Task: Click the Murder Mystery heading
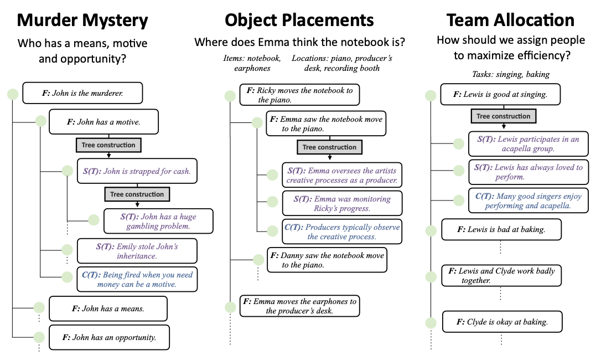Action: (82, 20)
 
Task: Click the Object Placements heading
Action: (299, 20)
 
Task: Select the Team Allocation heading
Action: (510, 20)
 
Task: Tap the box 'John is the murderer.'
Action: (82, 93)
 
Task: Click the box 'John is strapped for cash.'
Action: (137, 171)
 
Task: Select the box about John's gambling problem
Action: (158, 221)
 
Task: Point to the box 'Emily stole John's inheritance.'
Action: (137, 251)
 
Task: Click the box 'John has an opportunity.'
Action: (109, 337)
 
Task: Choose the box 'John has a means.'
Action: (108, 309)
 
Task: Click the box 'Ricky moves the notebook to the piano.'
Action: (299, 95)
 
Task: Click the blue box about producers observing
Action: (341, 232)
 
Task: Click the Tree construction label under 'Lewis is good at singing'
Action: (503, 116)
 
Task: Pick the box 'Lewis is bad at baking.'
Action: (501, 229)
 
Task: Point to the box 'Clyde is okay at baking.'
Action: (502, 322)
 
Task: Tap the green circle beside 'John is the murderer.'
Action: (12, 94)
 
